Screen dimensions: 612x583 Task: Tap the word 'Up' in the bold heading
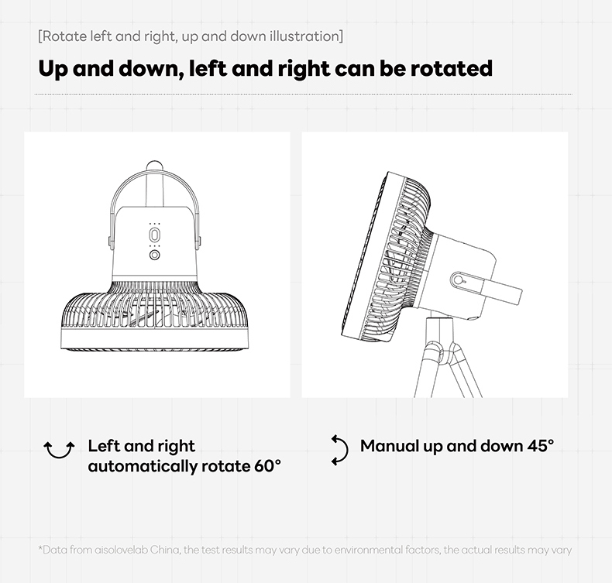[53, 70]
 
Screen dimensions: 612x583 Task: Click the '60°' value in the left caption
[267, 465]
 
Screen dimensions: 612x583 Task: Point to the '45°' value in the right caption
[541, 446]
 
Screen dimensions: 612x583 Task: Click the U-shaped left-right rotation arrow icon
[59, 451]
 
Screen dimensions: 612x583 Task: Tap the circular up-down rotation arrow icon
[339, 451]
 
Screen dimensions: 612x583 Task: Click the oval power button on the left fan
[155, 235]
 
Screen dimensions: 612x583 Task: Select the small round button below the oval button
[155, 255]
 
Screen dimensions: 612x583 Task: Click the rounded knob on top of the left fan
[155, 165]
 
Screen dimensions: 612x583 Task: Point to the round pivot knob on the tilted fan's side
[458, 280]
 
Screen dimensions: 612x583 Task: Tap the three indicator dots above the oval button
[155, 225]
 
